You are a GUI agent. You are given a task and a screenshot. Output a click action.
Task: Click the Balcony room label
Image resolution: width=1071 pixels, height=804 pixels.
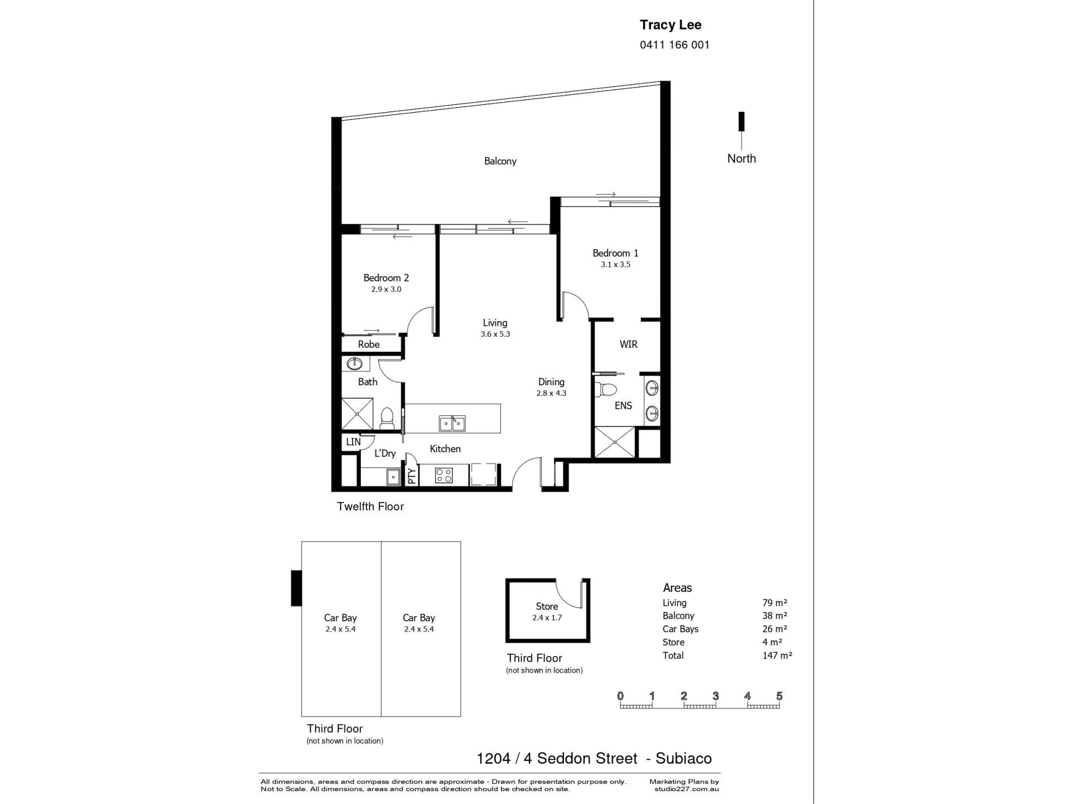point(500,161)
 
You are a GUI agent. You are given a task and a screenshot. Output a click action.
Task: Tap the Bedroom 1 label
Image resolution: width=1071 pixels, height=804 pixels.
point(615,253)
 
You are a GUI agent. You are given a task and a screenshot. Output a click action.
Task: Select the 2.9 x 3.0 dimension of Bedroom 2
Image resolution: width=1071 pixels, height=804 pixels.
point(386,289)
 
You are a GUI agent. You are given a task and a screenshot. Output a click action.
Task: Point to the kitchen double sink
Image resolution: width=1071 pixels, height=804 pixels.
point(452,423)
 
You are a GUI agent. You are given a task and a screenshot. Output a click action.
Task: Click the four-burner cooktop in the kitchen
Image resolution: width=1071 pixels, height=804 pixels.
point(444,475)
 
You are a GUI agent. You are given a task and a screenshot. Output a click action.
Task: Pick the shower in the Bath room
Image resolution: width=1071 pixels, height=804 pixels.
point(357,414)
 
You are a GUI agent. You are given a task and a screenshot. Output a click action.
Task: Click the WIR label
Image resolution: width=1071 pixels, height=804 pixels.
point(628,344)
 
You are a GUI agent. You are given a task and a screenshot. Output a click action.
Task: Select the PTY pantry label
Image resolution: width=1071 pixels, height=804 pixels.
point(412,476)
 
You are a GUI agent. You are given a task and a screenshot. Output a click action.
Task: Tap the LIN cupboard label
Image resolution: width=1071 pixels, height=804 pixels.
point(353,442)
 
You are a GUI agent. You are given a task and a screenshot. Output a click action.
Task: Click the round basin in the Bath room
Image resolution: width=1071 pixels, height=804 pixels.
point(354,364)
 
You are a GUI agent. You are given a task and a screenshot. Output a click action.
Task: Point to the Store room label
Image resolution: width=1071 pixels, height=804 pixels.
point(547,606)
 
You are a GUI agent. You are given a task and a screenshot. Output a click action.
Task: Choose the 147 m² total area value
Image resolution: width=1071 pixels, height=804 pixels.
point(777,655)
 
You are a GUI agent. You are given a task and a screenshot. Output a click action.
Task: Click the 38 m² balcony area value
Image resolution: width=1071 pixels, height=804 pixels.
point(775,616)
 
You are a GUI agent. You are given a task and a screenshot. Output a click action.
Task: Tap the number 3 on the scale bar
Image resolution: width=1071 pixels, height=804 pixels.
point(716,696)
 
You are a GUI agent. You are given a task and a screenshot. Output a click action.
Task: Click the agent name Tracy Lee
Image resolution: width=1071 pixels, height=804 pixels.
point(670,25)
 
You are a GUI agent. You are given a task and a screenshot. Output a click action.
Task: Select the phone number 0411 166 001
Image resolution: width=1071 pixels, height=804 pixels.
point(674,45)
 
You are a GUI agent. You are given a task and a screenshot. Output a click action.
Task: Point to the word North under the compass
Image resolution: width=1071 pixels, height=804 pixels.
point(741,159)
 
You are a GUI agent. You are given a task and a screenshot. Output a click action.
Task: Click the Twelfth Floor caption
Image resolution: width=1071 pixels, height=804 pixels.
point(370,506)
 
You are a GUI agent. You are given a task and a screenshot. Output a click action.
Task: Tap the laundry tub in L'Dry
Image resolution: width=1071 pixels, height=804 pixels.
point(393,477)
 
